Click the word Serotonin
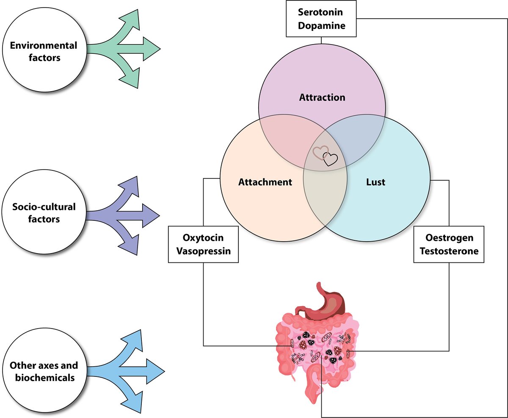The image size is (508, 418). (320, 12)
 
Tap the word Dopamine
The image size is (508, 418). (322, 25)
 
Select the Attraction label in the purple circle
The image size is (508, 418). (322, 98)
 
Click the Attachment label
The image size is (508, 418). (265, 182)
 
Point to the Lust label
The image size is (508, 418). (375, 182)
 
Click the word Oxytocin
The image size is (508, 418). (203, 238)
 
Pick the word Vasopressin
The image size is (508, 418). (204, 251)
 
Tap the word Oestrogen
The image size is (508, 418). (450, 238)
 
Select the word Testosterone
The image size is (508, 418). (449, 251)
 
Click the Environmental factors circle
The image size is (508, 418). (44, 50)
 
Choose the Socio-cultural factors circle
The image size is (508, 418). (44, 212)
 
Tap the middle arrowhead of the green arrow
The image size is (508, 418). (152, 49)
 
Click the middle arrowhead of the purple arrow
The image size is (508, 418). (151, 216)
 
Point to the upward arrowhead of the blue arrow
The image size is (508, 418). (134, 340)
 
